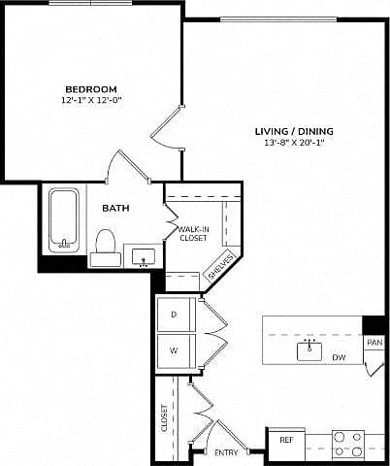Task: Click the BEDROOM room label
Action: (91, 89)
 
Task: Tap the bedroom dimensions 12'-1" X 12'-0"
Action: (91, 100)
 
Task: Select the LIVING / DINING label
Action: (294, 131)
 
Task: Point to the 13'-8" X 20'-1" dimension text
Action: (294, 143)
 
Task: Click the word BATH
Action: (115, 208)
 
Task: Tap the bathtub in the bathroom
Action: (64, 220)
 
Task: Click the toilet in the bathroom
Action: (106, 248)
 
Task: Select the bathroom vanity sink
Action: (144, 256)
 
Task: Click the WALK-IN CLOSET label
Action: (193, 234)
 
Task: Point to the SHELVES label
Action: (221, 266)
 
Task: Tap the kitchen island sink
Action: (309, 350)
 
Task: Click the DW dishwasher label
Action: (339, 357)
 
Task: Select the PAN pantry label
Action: (374, 343)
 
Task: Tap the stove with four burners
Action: (348, 444)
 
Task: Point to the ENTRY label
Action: (226, 452)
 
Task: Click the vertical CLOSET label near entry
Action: (165, 417)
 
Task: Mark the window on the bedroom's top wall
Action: (90, 3)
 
